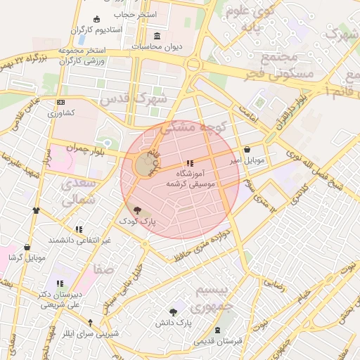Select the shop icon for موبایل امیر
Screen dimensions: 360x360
click(247, 150)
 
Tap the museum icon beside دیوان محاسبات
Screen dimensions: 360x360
click(155, 36)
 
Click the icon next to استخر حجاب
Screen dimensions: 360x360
click(96, 18)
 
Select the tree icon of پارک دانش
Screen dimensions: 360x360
click(174, 311)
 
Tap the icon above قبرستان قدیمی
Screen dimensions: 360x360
click(217, 330)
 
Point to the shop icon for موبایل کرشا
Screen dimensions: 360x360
click(27, 247)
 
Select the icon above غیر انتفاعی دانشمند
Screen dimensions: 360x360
click(79, 229)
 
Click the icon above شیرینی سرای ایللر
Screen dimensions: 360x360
click(90, 323)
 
